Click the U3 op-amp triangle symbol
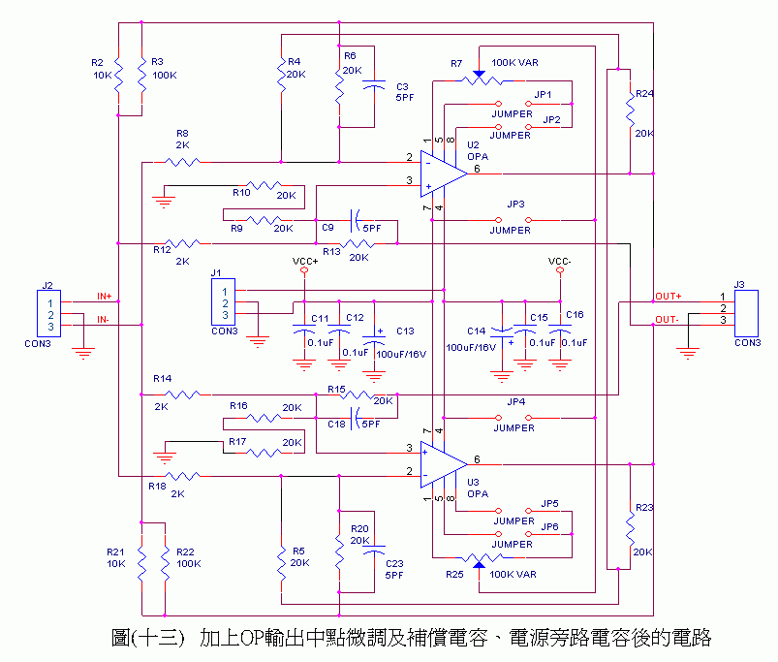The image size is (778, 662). (443, 458)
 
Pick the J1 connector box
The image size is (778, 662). (224, 302)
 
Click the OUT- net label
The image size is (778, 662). (668, 320)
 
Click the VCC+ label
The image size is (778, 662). (304, 262)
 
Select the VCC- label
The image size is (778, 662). (560, 262)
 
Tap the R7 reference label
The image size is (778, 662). (456, 63)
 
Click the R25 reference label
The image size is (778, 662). (454, 575)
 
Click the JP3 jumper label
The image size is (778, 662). (515, 205)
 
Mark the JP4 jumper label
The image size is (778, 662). (515, 401)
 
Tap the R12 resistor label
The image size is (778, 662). (162, 250)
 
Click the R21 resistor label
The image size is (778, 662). (115, 551)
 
